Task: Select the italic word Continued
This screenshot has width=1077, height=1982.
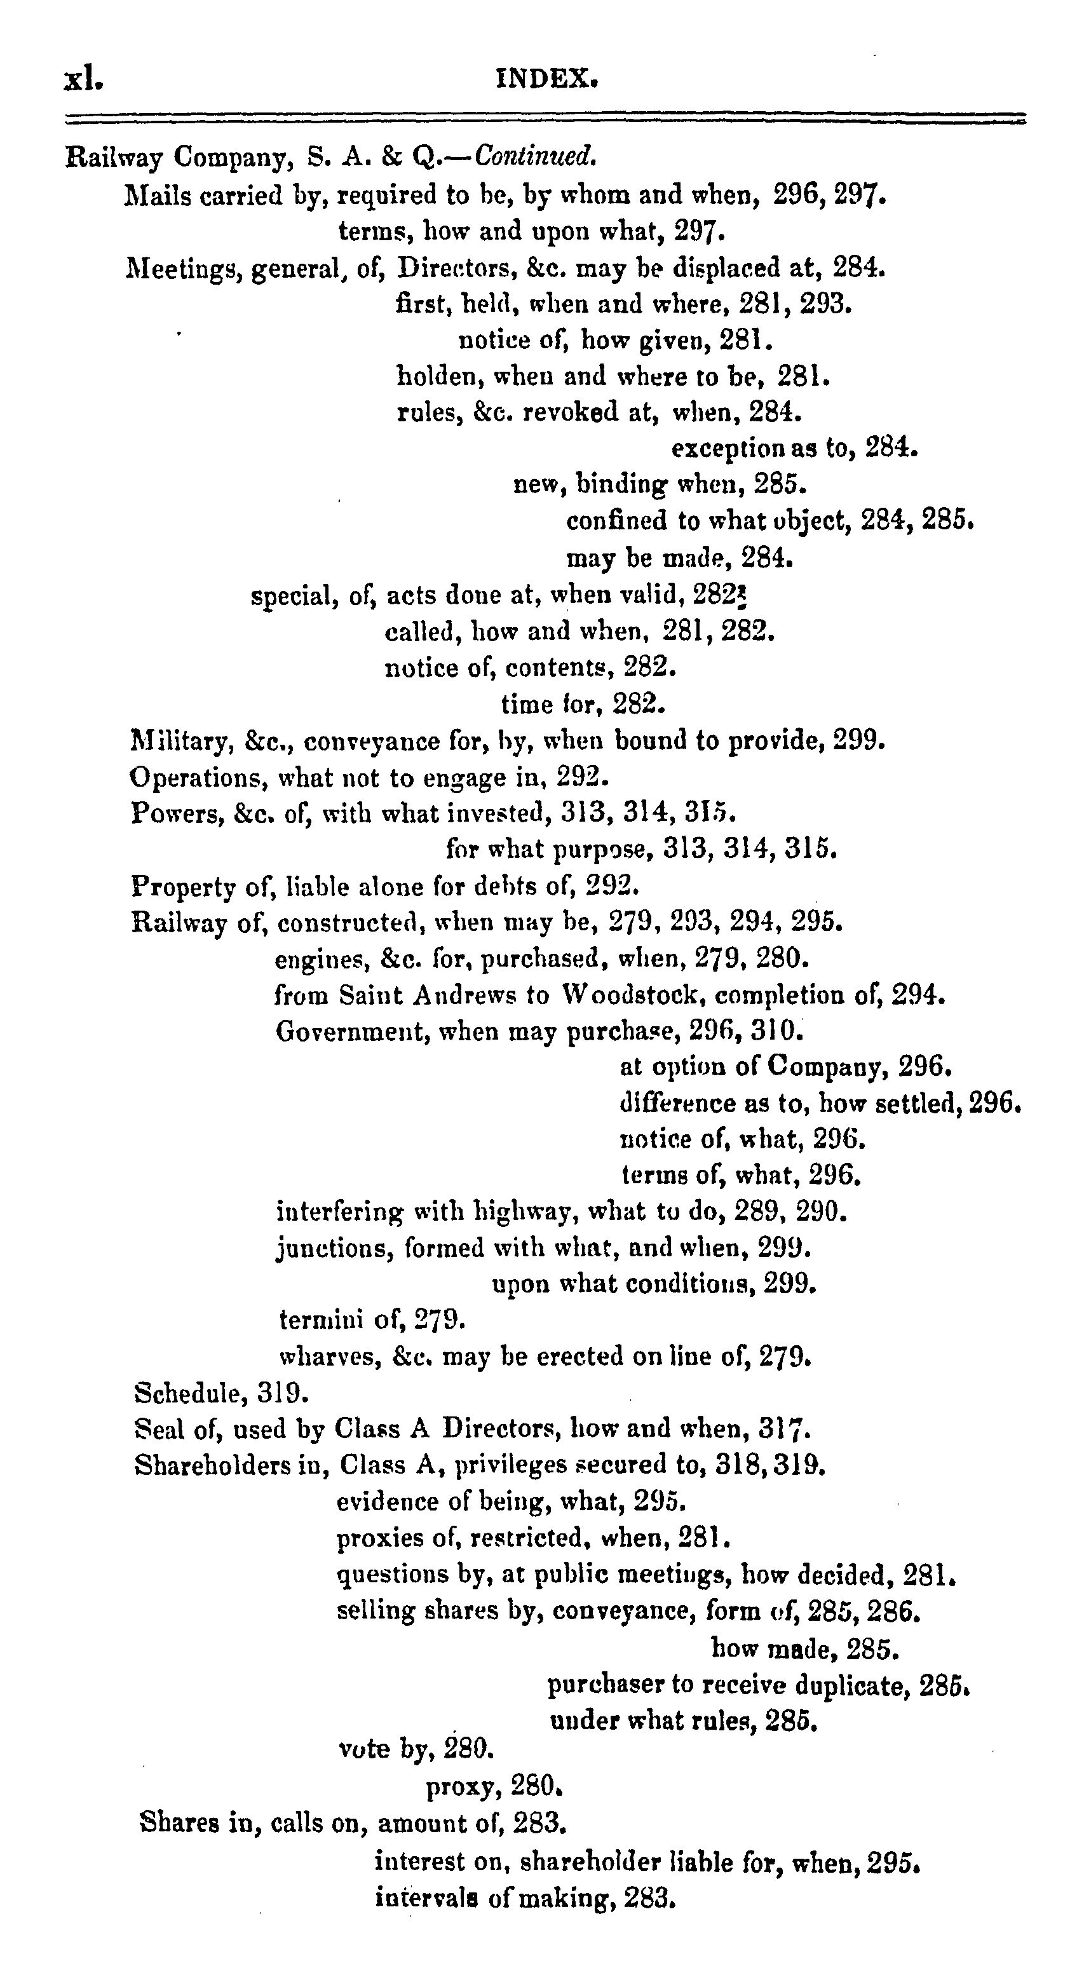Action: tap(536, 157)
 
